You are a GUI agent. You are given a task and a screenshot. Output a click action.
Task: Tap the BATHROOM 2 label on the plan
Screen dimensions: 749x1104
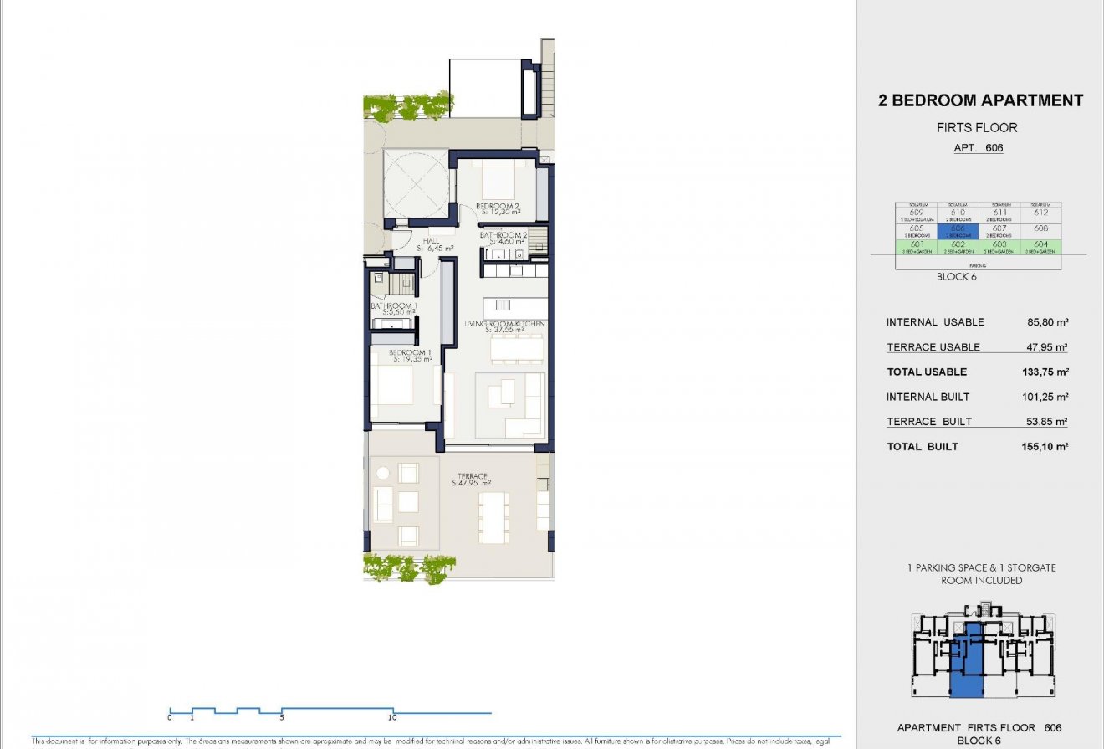point(503,236)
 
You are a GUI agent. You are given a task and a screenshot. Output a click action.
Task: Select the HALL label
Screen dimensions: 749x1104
point(432,241)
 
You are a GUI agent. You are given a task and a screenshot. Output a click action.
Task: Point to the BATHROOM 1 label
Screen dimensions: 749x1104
point(393,307)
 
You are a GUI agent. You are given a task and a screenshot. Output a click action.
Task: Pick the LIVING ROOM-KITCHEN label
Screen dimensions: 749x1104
point(505,324)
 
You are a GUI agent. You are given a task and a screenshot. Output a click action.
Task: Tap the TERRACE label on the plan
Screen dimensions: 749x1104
point(472,477)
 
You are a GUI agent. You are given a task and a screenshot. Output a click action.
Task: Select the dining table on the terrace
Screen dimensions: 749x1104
point(493,516)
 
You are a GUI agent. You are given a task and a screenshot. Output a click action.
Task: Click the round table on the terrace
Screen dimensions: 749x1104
point(383,474)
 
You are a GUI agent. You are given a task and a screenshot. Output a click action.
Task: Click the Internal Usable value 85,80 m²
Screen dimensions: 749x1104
point(1050,322)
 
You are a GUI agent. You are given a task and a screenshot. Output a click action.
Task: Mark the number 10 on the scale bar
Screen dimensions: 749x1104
point(392,717)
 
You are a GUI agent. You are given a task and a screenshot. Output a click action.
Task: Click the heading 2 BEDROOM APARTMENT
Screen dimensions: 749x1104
point(980,101)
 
